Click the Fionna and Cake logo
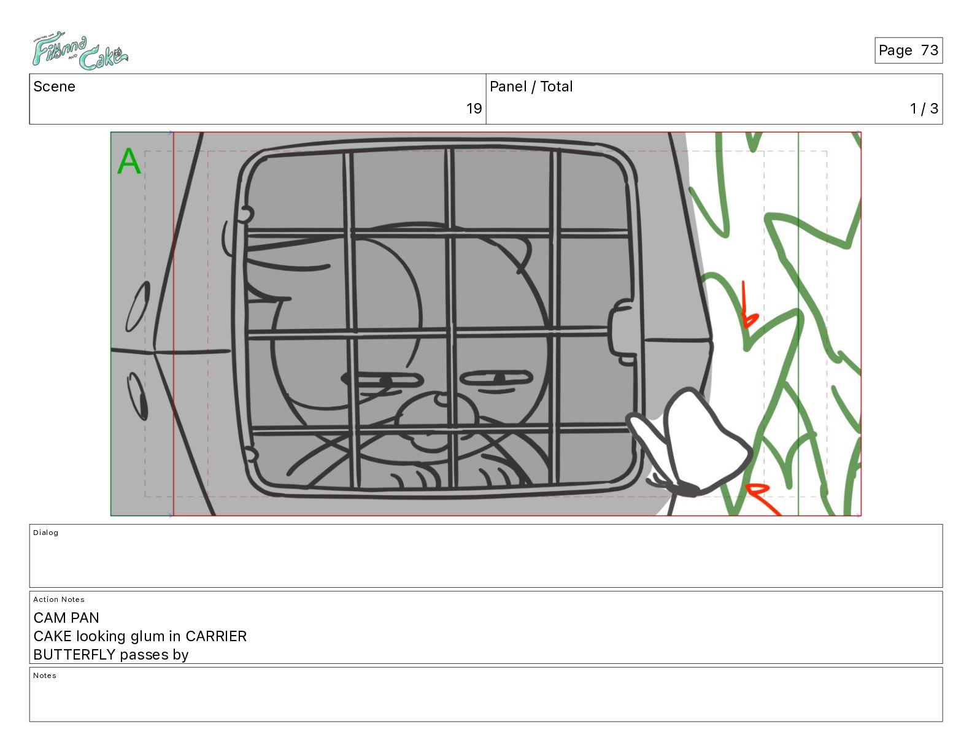[x=80, y=51]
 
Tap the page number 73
[x=929, y=50]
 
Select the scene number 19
[x=474, y=108]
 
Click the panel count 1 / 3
[x=924, y=108]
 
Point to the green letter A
[x=129, y=161]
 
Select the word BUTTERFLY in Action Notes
[x=75, y=655]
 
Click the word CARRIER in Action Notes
[x=216, y=636]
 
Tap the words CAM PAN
[x=66, y=618]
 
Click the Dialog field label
[x=45, y=533]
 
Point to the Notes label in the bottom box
[x=45, y=676]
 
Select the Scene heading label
[x=54, y=87]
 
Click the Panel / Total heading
[x=531, y=87]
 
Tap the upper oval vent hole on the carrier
[x=138, y=306]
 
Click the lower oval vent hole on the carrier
[x=137, y=396]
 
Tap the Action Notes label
[x=58, y=599]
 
